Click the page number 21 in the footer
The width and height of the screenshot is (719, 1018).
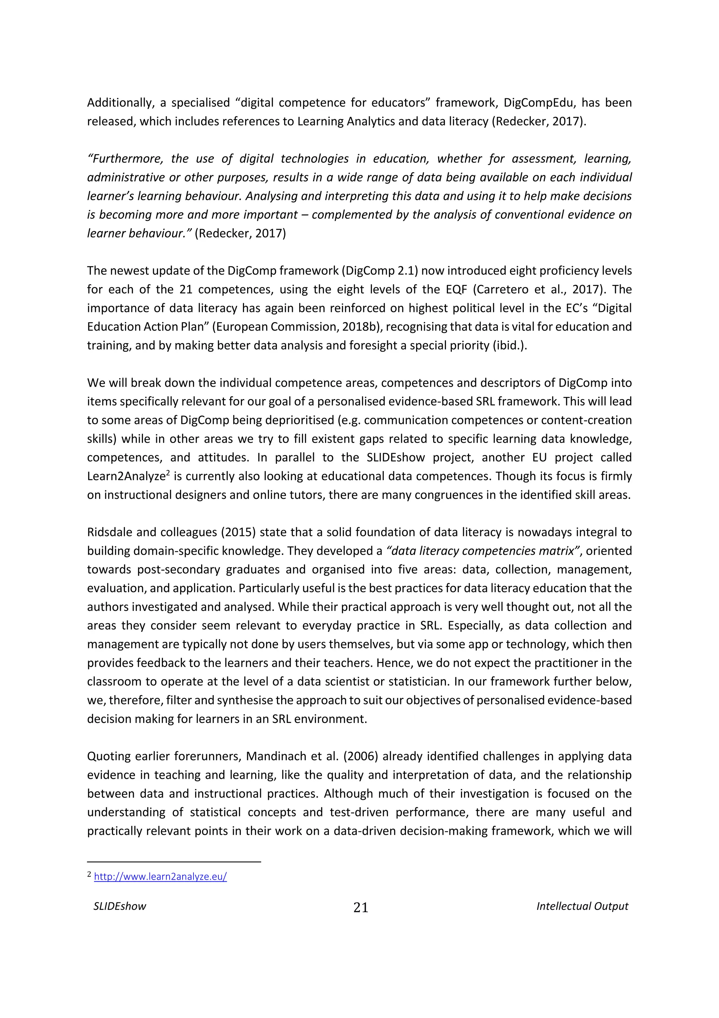pyautogui.click(x=361, y=908)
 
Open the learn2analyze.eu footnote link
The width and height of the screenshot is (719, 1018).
pyautogui.click(x=160, y=876)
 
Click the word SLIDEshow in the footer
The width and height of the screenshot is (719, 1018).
pyautogui.click(x=120, y=906)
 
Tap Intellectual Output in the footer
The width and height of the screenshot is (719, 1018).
pyautogui.click(x=582, y=906)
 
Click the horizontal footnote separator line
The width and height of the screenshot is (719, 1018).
pyautogui.click(x=174, y=862)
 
